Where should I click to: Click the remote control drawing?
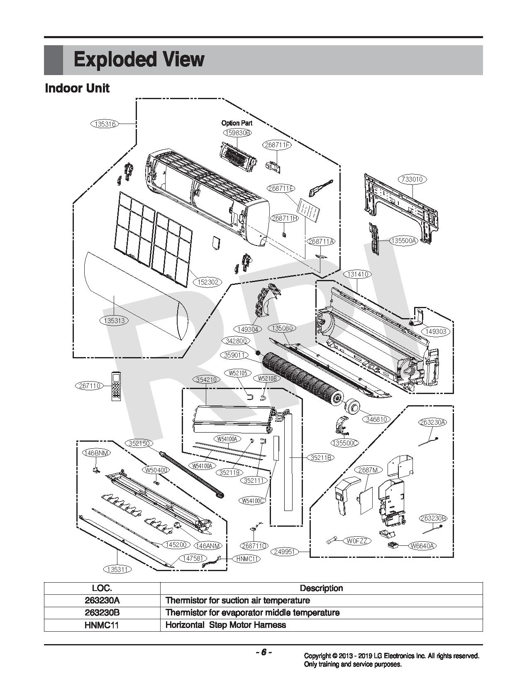tap(116, 386)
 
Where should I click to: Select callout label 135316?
tap(105, 124)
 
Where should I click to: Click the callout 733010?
tap(413, 179)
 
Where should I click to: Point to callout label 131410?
tap(357, 274)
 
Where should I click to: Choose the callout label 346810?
tap(376, 419)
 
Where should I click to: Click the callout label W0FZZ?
tap(357, 541)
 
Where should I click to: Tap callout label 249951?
tap(285, 552)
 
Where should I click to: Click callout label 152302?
tap(209, 282)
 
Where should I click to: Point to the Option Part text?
tap(237, 123)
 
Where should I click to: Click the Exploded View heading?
tap(139, 60)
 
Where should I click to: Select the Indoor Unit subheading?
tap(77, 88)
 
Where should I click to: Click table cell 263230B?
tap(102, 613)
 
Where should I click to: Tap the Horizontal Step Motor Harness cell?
tap(226, 625)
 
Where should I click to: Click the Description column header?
tap(321, 588)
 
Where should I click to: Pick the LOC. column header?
tap(102, 588)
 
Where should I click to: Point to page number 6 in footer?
tap(263, 652)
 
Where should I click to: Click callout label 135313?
tap(115, 320)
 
